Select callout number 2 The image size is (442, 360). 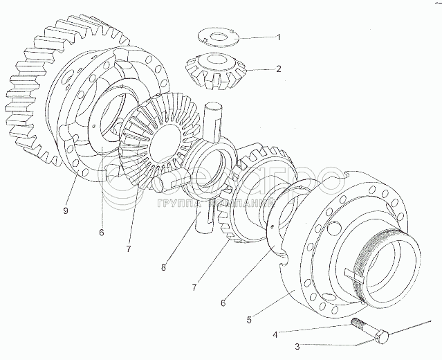click(279, 69)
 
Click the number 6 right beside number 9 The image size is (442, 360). click(102, 233)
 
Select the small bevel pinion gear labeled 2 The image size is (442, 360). click(212, 68)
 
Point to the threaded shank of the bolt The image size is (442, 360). click(361, 327)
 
